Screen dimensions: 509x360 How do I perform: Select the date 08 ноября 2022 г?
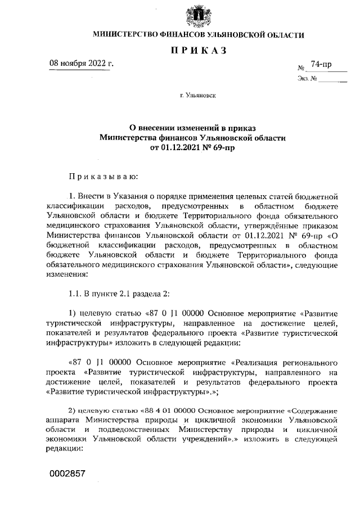pos(81,62)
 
